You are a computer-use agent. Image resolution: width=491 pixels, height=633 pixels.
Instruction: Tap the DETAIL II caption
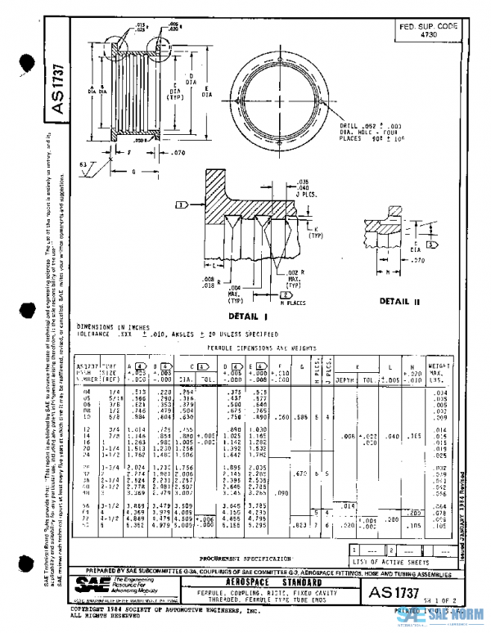pos(400,301)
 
